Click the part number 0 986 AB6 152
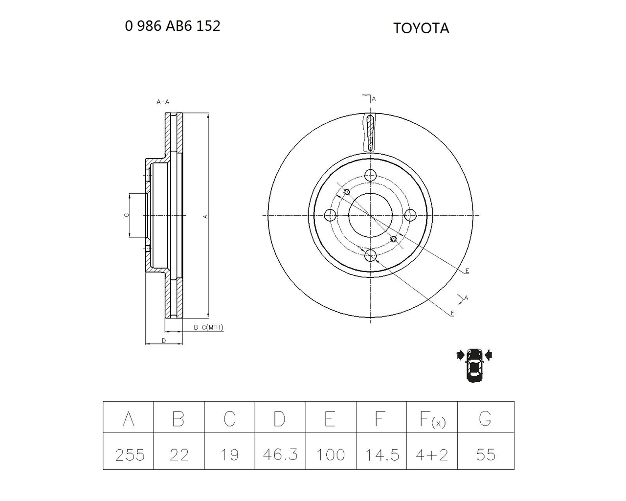pos(173,26)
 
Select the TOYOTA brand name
pos(421,28)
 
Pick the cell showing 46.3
pos(280,455)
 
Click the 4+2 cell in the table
pos(432,455)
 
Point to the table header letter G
pos(485,419)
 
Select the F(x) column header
pos(432,419)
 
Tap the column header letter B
pos(179,419)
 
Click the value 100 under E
pos(331,455)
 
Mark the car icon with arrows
pos(474,365)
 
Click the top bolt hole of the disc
pos(371,176)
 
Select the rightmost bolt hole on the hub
pos(410,215)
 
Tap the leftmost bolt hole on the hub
pos(330,215)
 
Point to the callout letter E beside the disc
pos(467,271)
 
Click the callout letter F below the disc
pos(452,313)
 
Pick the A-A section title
pos(163,102)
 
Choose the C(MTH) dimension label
pos(212,327)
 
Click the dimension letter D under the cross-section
pos(164,341)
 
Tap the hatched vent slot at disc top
pos(370,133)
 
